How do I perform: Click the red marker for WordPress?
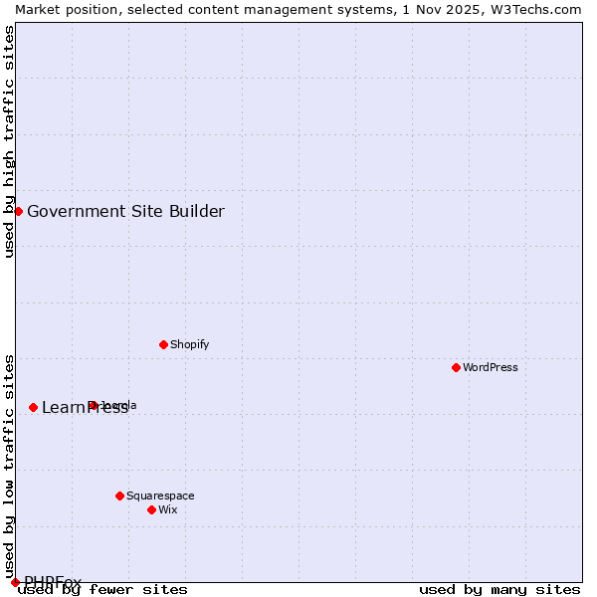coord(456,367)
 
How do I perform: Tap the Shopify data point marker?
coord(163,344)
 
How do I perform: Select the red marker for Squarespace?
coord(119,496)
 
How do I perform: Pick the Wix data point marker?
coord(151,509)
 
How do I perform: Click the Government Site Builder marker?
coord(18,211)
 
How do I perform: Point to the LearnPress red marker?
coord(33,407)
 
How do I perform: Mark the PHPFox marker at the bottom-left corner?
coord(15,582)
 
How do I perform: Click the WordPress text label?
coord(491,367)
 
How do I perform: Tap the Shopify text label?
coord(189,344)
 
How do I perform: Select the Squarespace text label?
coord(160,496)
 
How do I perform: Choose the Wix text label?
coord(168,509)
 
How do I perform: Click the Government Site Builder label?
coord(125,211)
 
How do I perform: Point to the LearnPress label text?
coord(85,407)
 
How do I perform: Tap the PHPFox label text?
coord(53,582)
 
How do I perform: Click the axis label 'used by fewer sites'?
coord(103,590)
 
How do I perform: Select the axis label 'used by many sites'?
coord(499,590)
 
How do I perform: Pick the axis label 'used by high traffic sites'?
coord(9,141)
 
